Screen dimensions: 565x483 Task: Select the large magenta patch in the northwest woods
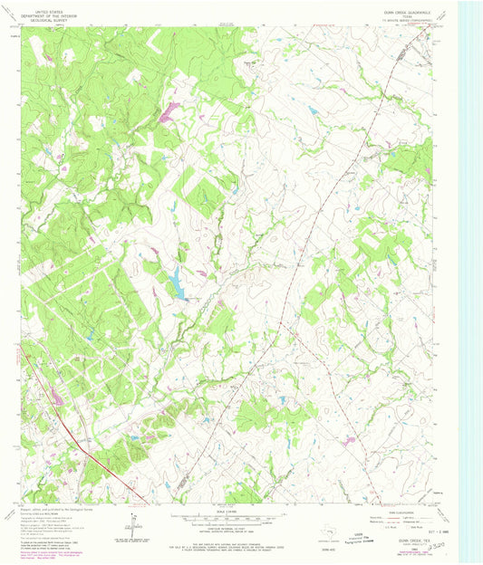(169, 113)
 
